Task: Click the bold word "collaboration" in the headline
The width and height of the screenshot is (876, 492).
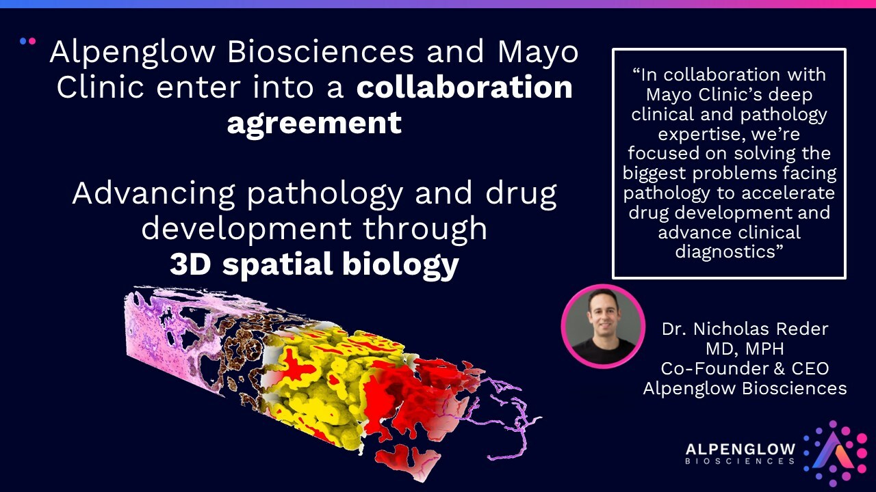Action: [465, 87]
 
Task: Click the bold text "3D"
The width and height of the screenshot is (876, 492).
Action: [190, 264]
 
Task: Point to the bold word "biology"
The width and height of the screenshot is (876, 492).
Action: [400, 266]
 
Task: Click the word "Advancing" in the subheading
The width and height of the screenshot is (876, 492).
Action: [153, 195]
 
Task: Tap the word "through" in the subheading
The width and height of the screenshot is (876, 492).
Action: [425, 228]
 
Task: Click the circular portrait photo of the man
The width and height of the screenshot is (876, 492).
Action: [603, 327]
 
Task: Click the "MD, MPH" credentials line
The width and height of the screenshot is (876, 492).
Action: [745, 348]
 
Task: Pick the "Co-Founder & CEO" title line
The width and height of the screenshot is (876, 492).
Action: [745, 368]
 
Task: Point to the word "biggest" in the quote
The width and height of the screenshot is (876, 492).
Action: [654, 174]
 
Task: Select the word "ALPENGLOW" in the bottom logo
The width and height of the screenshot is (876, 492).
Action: [740, 449]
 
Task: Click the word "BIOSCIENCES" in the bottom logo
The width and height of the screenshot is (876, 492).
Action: [740, 461]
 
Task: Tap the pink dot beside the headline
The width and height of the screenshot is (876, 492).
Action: [32, 41]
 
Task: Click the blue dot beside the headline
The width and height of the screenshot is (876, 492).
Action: [23, 41]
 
